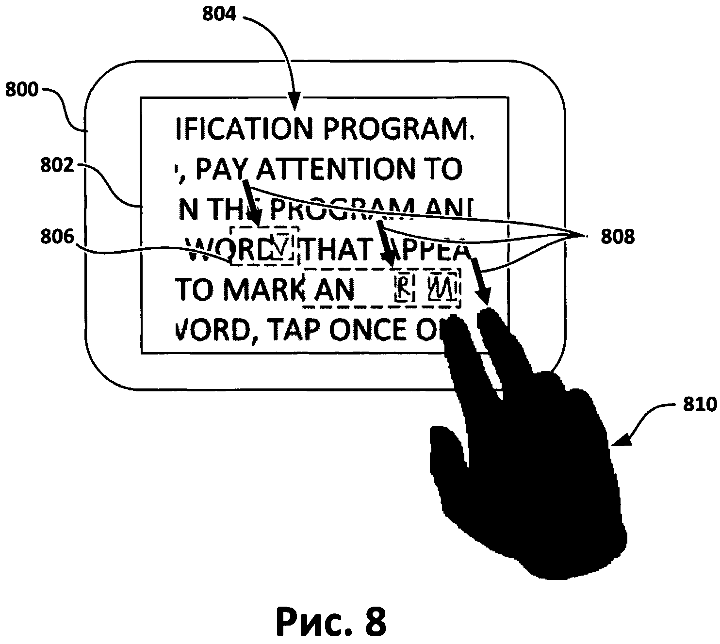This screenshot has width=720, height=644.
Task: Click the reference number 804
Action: coord(219,14)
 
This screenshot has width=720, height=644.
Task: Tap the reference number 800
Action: coord(21,91)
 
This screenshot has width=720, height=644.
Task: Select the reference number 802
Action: coord(57,166)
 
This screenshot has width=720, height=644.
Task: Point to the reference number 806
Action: coord(57,237)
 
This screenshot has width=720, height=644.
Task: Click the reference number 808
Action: coord(617,237)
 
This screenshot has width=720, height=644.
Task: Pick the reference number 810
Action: coord(699,404)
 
